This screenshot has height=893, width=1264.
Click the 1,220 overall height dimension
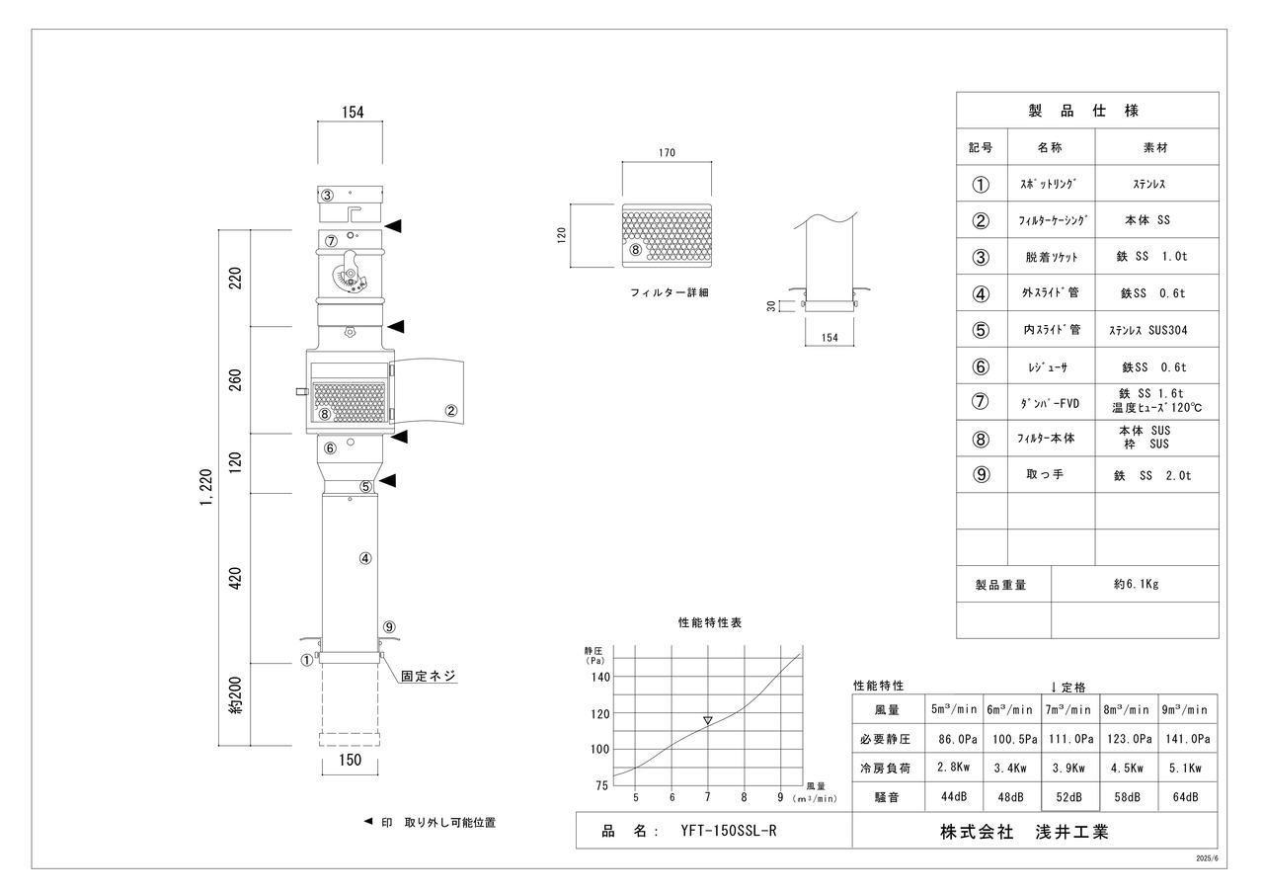[x=204, y=486]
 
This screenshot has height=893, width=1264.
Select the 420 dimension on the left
[x=236, y=578]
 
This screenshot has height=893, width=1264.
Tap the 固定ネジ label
[x=429, y=677]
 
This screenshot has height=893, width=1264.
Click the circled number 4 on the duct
[x=365, y=558]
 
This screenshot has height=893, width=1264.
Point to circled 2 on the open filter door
[x=451, y=411]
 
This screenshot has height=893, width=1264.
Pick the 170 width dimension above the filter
[x=666, y=153]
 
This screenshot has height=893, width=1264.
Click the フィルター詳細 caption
[x=670, y=293]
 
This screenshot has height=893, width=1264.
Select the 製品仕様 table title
[x=1086, y=111]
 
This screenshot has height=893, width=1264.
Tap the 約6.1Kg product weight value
[x=1135, y=584]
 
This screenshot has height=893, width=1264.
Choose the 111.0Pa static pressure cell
[x=1069, y=738]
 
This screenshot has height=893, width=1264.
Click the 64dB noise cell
[x=1187, y=797]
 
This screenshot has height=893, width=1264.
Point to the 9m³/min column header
[x=1187, y=709]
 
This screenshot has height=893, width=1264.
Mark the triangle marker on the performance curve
[x=707, y=721]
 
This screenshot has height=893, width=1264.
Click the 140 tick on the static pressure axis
[x=600, y=677]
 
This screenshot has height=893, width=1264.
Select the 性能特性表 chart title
[x=710, y=623]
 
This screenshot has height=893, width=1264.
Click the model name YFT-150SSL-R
[x=729, y=831]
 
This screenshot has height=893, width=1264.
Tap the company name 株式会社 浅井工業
[x=1024, y=832]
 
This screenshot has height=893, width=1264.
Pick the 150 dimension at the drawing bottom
[x=350, y=760]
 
